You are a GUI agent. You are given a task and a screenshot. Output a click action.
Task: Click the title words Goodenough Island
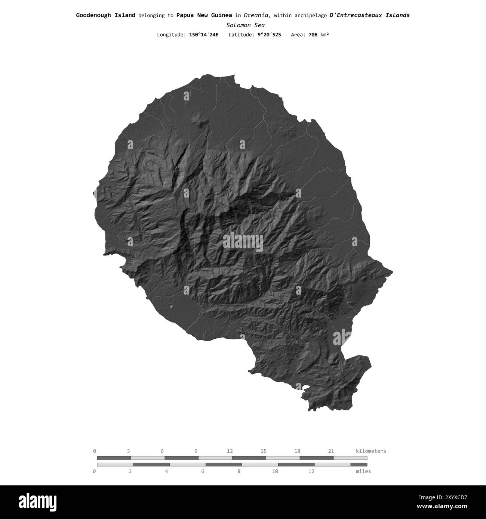(105, 15)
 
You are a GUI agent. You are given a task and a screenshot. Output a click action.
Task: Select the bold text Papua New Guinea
(204, 15)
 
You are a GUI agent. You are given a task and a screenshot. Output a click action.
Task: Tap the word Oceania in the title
(257, 15)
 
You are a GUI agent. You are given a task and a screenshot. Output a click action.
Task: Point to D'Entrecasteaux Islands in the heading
(369, 15)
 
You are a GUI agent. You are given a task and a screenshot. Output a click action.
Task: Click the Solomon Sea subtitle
(245, 25)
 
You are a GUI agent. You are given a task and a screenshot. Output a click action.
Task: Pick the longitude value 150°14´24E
(201, 35)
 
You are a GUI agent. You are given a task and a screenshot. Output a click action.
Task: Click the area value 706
(313, 35)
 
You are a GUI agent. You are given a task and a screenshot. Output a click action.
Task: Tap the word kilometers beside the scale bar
(371, 451)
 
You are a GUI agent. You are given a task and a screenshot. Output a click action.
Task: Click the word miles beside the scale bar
(363, 471)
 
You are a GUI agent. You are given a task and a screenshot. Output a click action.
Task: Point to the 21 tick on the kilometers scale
(331, 451)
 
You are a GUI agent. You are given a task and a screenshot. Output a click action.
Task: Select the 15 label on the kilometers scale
(264, 451)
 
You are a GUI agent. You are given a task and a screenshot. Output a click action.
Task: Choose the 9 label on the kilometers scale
(196, 451)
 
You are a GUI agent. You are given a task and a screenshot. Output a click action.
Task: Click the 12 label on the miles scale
(311, 471)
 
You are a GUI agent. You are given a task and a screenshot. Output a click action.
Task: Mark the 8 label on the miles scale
(239, 471)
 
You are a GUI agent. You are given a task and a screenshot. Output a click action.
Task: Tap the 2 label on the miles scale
(130, 471)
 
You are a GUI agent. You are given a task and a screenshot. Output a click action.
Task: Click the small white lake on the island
(171, 307)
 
